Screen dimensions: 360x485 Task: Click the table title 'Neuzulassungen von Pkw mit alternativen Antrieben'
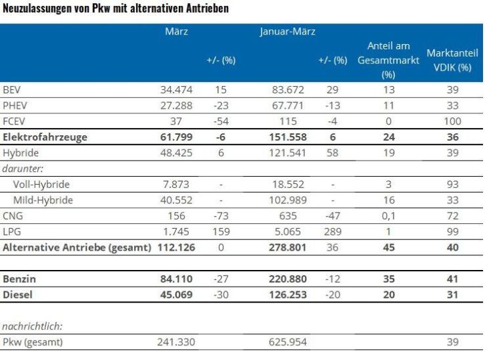115,9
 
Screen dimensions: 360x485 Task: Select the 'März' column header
176,31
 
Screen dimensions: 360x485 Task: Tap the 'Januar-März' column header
288,31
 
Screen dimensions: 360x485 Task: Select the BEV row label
12,89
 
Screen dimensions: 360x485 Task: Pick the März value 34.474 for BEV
175,89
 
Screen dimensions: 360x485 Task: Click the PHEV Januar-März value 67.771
288,105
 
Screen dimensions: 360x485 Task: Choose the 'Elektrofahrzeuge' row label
45,137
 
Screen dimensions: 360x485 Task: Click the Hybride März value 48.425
175,153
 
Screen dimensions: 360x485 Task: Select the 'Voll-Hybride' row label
41,185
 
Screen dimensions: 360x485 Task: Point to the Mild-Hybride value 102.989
287,200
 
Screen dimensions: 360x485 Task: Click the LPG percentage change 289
334,232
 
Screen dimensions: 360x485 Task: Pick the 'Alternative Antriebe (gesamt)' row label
77,248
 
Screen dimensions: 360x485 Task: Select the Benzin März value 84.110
175,277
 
